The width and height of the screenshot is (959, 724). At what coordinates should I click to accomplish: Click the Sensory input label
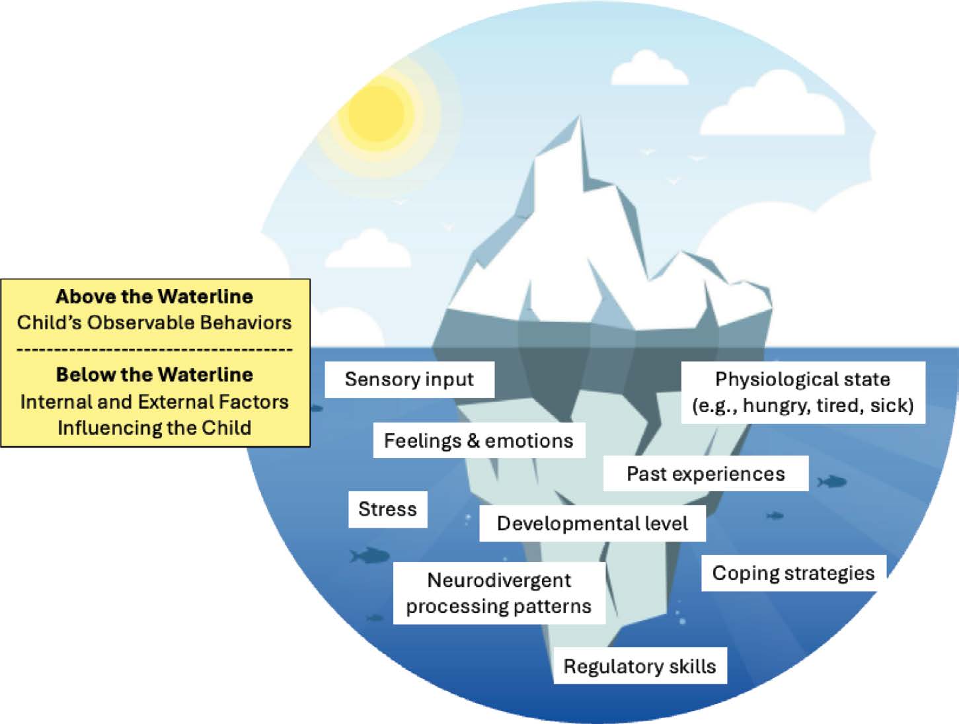[x=409, y=380]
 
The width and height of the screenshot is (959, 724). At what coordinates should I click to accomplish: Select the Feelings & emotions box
[x=479, y=441]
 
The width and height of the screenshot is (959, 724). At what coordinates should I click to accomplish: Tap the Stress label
[x=387, y=509]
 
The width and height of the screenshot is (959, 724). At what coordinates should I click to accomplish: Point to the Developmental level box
[x=592, y=524]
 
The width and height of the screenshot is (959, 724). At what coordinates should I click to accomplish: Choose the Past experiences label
[x=705, y=474]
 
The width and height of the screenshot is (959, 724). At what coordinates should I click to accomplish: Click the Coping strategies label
[x=793, y=573]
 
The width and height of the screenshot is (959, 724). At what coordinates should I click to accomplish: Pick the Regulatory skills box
[x=639, y=666]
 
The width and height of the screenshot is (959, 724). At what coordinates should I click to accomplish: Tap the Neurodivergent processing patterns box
[x=499, y=593]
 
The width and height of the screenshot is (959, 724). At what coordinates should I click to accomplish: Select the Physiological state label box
[x=802, y=392]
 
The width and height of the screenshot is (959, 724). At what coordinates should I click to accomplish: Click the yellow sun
[x=376, y=112]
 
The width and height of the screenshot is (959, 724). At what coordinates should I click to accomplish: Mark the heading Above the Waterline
[x=155, y=296]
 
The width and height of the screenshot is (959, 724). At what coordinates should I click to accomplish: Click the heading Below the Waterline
[x=155, y=375]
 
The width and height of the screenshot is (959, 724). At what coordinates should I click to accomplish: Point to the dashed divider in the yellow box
[x=155, y=348]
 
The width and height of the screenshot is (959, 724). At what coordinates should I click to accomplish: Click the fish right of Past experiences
[x=832, y=481]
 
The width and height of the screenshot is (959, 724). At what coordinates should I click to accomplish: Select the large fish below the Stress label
[x=369, y=555]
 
